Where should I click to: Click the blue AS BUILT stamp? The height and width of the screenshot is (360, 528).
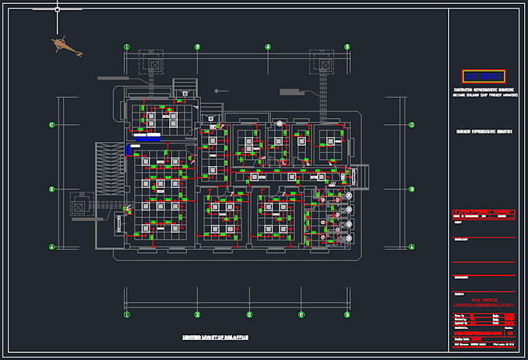click(483, 76)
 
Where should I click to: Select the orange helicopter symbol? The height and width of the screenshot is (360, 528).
click(66, 47)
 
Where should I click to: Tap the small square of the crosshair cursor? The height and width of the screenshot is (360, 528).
click(57, 9)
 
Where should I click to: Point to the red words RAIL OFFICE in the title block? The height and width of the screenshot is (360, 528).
click(483, 299)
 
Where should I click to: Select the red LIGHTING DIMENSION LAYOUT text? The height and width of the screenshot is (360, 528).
click(483, 305)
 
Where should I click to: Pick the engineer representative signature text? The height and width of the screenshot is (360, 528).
click(483, 132)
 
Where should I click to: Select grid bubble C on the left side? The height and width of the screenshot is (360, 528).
click(52, 124)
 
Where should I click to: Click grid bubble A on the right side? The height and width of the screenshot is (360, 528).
click(411, 247)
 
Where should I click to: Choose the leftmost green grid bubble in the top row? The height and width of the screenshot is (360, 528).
click(127, 47)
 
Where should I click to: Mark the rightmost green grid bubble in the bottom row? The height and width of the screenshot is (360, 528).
click(347, 314)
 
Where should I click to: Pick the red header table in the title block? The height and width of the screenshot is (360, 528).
click(483, 213)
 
